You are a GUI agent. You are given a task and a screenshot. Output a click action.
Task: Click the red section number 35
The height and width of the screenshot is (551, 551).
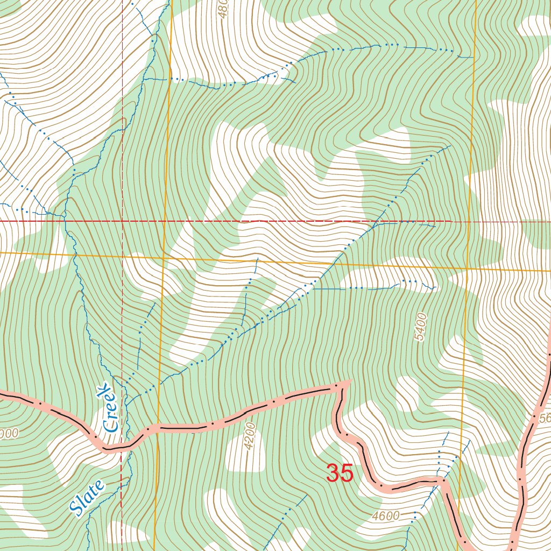pos(340,474)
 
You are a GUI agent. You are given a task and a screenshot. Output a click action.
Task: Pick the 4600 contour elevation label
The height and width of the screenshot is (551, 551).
pos(385,516)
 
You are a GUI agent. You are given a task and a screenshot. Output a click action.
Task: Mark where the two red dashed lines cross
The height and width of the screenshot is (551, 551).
pos(122,221)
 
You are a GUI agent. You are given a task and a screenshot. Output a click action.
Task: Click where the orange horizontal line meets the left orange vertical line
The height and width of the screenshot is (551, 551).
pos(164,258)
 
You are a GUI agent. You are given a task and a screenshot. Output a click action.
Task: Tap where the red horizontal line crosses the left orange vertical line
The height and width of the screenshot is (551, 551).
pos(165,221)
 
